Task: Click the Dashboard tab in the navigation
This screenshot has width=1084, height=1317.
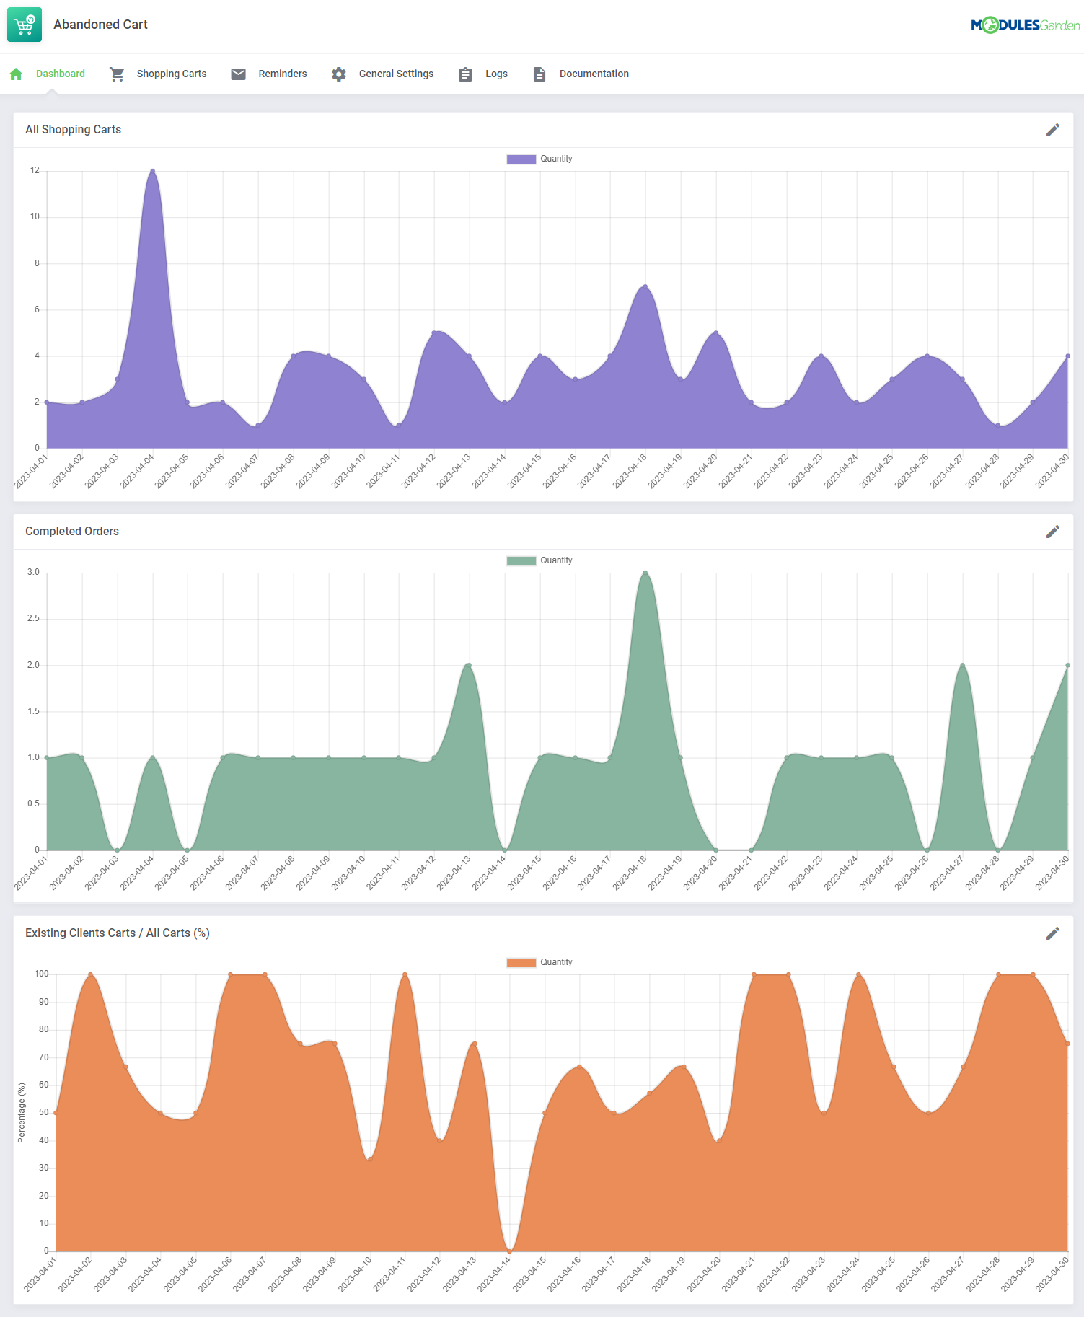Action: click(60, 74)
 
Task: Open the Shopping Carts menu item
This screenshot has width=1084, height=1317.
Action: click(171, 74)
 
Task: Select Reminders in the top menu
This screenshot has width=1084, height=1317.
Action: click(282, 74)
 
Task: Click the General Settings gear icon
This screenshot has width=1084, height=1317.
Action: click(339, 74)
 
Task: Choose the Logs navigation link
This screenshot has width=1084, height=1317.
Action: click(496, 74)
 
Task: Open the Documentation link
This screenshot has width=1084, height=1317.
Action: click(594, 74)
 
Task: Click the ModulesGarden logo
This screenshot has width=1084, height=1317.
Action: click(1025, 25)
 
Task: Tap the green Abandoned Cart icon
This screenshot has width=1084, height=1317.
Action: click(25, 25)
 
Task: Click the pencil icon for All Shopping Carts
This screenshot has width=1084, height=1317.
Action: click(1053, 130)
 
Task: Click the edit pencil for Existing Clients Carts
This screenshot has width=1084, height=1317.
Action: click(1053, 933)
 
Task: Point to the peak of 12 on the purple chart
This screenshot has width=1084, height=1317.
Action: click(152, 171)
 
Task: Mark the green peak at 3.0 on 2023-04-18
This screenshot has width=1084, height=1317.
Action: click(645, 573)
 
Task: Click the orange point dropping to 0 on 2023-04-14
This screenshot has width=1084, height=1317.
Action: click(510, 1251)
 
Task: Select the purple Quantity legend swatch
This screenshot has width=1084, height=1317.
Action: click(521, 159)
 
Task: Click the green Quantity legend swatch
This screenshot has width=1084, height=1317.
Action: click(521, 561)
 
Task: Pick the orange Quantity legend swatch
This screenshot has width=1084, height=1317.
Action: click(521, 963)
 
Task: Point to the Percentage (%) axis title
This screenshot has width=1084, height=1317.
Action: click(22, 1112)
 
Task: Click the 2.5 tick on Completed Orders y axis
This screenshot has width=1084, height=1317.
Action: click(33, 619)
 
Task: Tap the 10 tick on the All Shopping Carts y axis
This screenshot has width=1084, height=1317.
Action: click(35, 217)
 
